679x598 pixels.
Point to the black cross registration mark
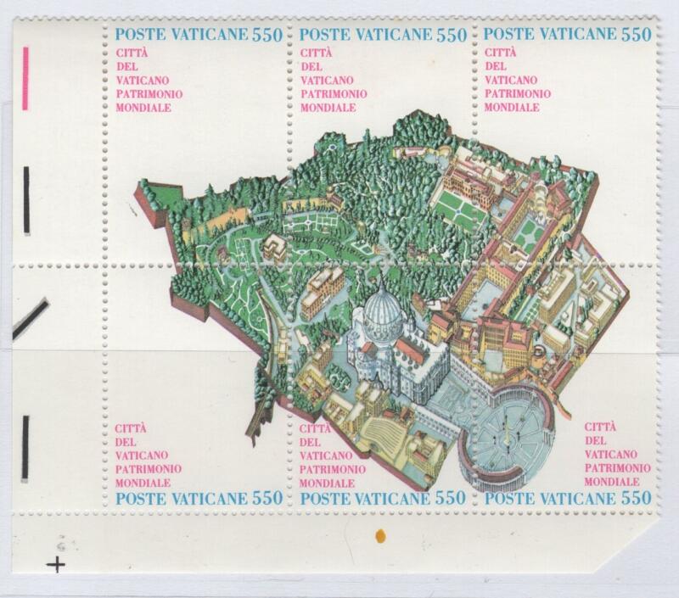[56, 564]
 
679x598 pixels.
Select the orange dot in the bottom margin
[380, 536]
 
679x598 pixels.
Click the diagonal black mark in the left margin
[31, 319]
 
